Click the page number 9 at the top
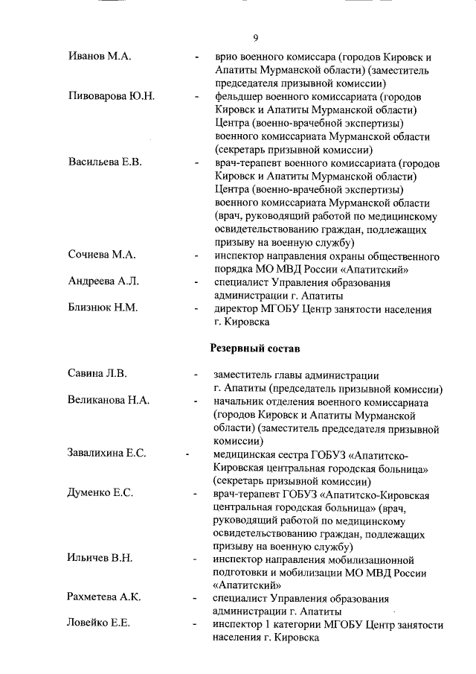pos(254,38)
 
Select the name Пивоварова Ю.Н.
pos(112,97)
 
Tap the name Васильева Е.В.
pos(105,162)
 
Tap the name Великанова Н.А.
pos(109,401)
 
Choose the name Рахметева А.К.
pos(104,597)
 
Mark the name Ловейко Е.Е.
pos(99,624)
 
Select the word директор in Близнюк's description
pos(238,308)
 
